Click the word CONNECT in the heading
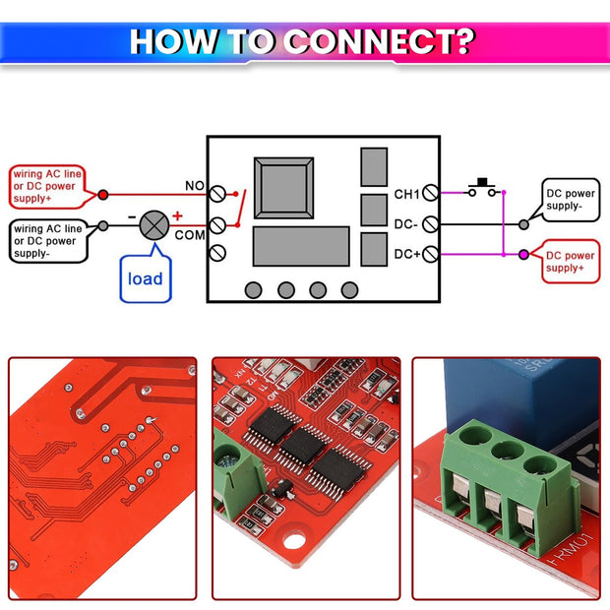380,41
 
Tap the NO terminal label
195,185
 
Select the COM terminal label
190,235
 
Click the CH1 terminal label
406,194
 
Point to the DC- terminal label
406,224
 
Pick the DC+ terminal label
406,254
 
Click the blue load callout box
145,278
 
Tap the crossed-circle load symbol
153,225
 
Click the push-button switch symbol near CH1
483,187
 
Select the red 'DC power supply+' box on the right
571,261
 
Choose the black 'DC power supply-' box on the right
571,200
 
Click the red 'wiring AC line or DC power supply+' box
46,187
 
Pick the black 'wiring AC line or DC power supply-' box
46,240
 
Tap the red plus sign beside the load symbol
177,215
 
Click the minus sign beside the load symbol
132,215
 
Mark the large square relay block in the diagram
285,186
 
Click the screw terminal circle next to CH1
430,195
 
